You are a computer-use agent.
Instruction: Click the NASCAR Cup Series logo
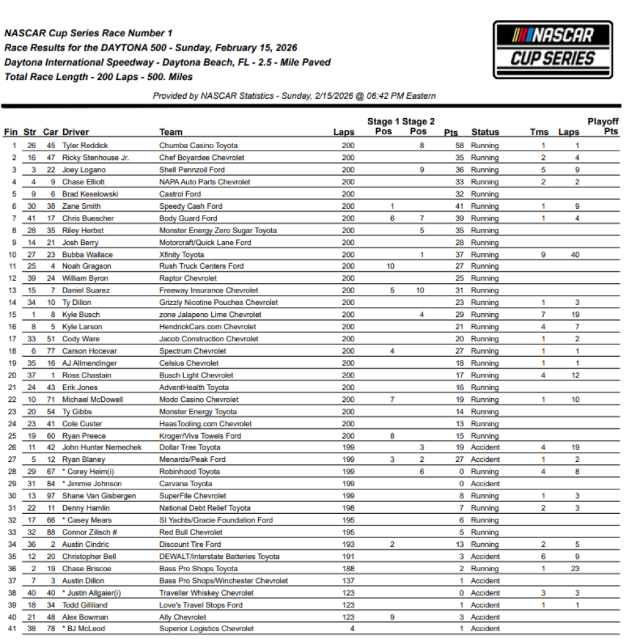tap(552, 49)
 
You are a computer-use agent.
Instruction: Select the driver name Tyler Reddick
tap(85, 146)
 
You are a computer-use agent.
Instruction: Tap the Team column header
tap(171, 132)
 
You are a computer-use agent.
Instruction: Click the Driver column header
tap(76, 132)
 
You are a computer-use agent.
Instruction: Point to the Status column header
tap(485, 132)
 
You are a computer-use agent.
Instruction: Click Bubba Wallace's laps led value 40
tap(574, 254)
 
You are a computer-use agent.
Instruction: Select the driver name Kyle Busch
tap(81, 314)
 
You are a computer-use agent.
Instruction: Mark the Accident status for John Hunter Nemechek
tap(485, 447)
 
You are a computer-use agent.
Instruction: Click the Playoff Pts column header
tap(602, 126)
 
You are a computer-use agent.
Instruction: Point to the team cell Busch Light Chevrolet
tap(196, 375)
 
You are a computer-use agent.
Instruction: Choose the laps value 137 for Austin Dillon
tap(348, 581)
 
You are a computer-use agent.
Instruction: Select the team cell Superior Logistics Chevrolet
tap(206, 629)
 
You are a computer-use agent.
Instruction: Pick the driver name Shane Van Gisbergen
tap(99, 496)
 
